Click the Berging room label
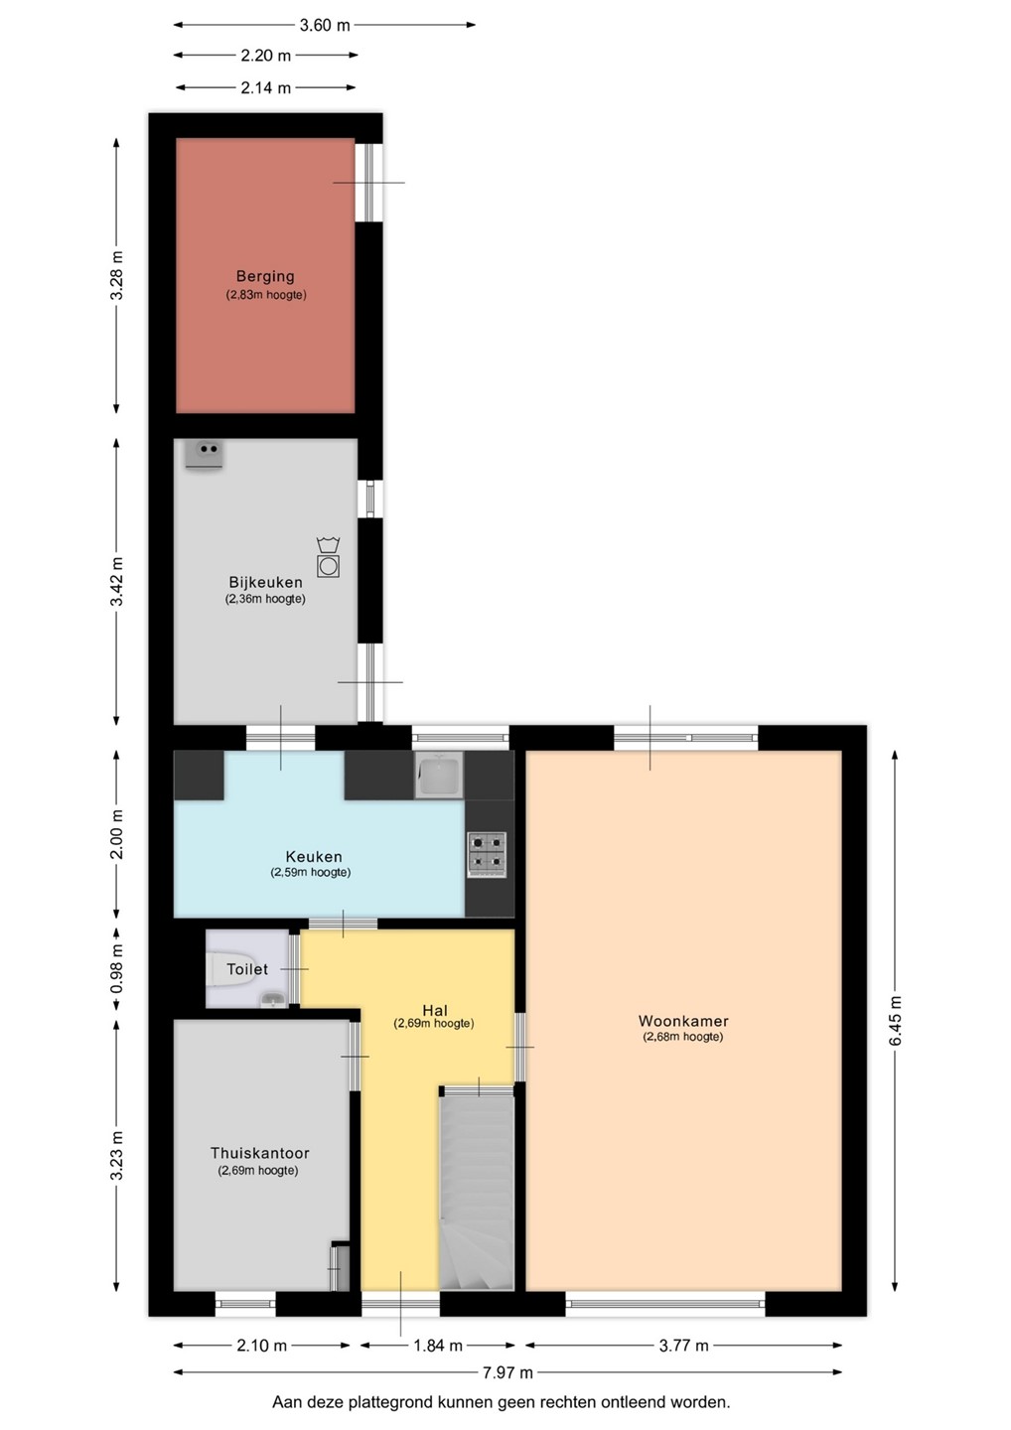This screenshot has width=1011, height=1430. [265, 276]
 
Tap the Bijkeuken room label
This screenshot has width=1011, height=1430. [265, 582]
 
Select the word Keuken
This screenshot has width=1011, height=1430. [314, 857]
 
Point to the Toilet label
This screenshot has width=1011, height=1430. [247, 969]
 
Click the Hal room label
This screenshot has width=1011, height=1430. [435, 1011]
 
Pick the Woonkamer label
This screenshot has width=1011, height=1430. [683, 1021]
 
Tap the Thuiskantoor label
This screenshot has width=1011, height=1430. [260, 1153]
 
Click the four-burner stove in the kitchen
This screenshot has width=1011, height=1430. [487, 854]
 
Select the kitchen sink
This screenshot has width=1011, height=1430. [439, 775]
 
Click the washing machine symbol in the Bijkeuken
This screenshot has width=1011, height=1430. [328, 557]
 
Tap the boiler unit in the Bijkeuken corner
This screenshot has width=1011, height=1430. [204, 455]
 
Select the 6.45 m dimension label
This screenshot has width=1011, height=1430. [895, 1020]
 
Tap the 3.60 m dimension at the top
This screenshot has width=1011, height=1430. [325, 25]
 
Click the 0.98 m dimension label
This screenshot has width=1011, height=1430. [116, 969]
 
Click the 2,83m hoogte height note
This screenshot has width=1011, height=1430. [265, 295]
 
